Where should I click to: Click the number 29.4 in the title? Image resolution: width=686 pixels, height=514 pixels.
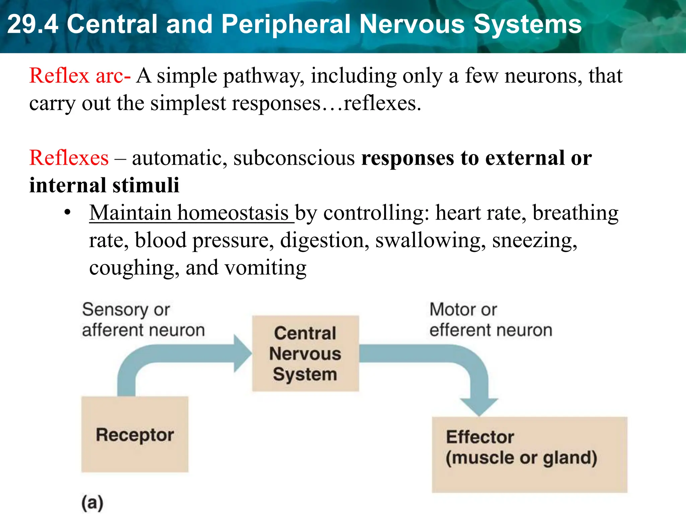coord(32,24)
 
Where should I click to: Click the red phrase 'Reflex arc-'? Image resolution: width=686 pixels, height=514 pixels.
coord(80,76)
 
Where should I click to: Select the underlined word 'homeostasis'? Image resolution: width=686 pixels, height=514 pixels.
coord(233,213)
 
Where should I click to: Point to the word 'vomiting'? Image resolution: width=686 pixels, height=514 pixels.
coord(265,268)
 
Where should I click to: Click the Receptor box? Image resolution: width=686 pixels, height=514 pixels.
coord(135,434)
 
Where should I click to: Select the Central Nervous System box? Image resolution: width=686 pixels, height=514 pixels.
coord(305,353)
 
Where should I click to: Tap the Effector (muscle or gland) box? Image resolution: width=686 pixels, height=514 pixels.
coord(529,454)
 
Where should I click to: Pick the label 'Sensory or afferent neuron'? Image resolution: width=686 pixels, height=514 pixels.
coord(143,320)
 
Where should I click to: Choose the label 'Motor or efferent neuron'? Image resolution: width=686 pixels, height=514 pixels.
coord(490,320)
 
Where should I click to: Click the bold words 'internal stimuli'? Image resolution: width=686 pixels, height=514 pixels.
coord(104,185)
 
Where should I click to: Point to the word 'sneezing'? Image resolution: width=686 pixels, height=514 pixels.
coord(535,240)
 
